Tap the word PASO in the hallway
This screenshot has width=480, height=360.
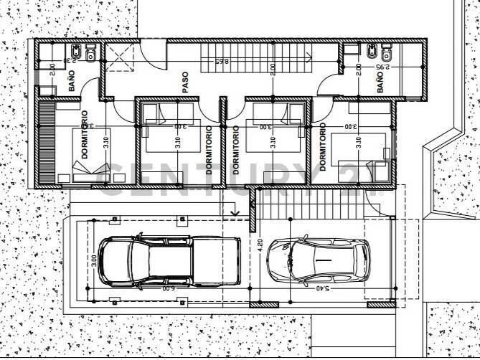pyautogui.click(x=185, y=82)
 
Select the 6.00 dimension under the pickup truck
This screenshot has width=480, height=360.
pyautogui.click(x=166, y=288)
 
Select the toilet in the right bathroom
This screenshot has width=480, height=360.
pyautogui.click(x=387, y=53)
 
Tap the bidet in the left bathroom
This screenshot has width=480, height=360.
pyautogui.click(x=75, y=54)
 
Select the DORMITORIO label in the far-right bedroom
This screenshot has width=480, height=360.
pyautogui.click(x=323, y=146)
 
